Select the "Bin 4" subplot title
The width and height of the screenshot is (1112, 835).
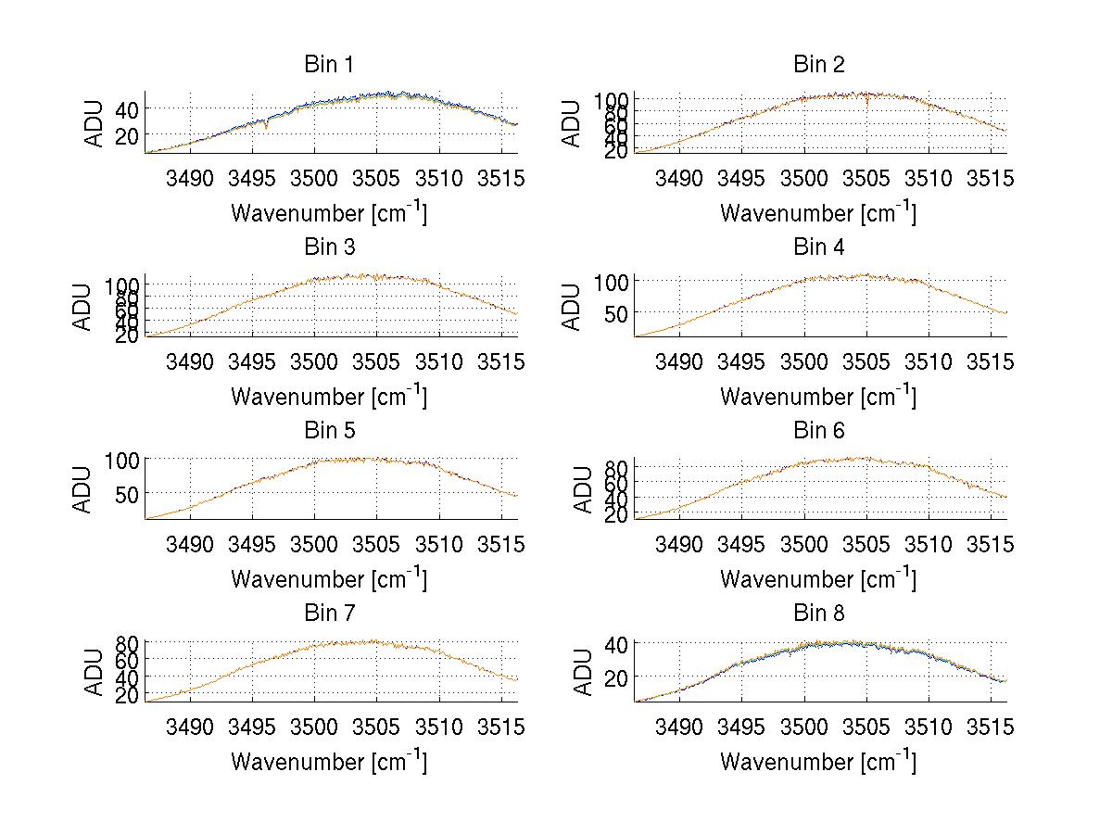click(x=819, y=247)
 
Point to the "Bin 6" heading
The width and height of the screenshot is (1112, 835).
click(x=819, y=431)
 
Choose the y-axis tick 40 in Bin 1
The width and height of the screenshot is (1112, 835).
click(x=126, y=108)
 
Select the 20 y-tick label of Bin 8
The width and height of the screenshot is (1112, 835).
click(x=615, y=677)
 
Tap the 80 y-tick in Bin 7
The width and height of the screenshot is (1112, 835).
click(x=126, y=642)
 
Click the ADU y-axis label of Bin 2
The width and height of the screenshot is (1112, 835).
click(x=572, y=123)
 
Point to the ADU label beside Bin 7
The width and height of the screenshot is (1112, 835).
click(x=82, y=672)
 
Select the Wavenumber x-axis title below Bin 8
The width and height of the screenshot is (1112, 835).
click(x=817, y=762)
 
